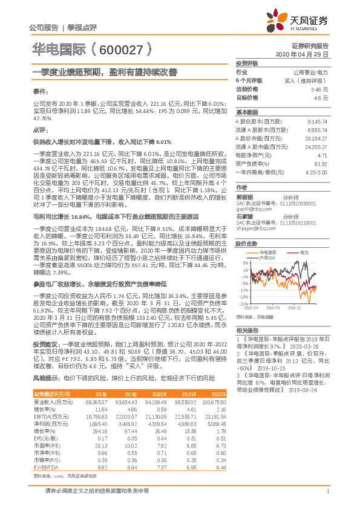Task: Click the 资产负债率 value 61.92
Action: click(x=320, y=163)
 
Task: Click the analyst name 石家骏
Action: click(x=244, y=216)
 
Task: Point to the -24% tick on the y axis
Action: click(x=244, y=304)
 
